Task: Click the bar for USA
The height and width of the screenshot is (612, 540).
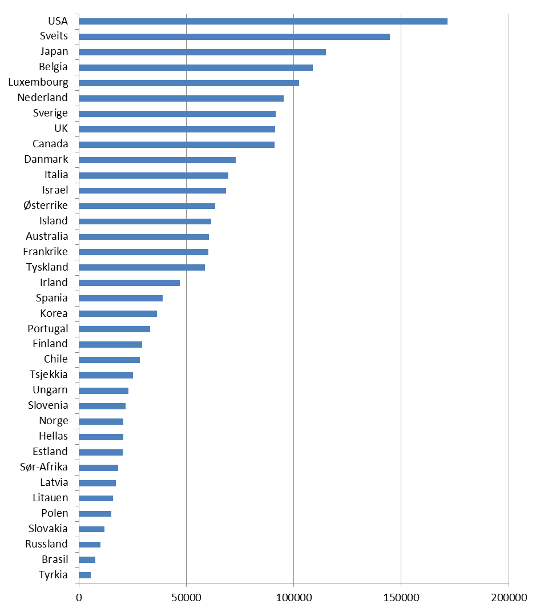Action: point(263,22)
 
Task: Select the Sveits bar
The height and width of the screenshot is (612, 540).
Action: point(234,37)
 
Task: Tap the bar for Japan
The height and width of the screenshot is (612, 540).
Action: point(202,53)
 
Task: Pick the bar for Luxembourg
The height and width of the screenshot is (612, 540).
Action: point(188,83)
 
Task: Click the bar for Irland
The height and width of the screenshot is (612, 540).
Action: point(129,283)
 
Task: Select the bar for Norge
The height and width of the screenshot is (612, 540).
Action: point(101,422)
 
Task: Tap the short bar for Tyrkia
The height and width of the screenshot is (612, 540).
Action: point(85,575)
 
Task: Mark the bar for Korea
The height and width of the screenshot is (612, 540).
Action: point(118,314)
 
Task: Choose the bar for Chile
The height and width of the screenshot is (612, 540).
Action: point(109,360)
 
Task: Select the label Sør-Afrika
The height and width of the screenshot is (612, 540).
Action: point(43,468)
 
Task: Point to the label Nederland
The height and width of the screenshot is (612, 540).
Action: point(42,98)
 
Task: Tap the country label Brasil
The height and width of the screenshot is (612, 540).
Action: point(55,559)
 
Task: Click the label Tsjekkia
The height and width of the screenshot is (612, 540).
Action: point(49,375)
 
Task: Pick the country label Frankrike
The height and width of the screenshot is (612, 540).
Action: point(45,252)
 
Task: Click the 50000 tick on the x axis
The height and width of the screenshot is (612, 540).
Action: point(187,597)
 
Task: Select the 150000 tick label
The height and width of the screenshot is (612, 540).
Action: point(401,597)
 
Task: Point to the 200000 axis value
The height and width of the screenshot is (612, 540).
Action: point(509,597)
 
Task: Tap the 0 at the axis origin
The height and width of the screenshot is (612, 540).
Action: point(79,597)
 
